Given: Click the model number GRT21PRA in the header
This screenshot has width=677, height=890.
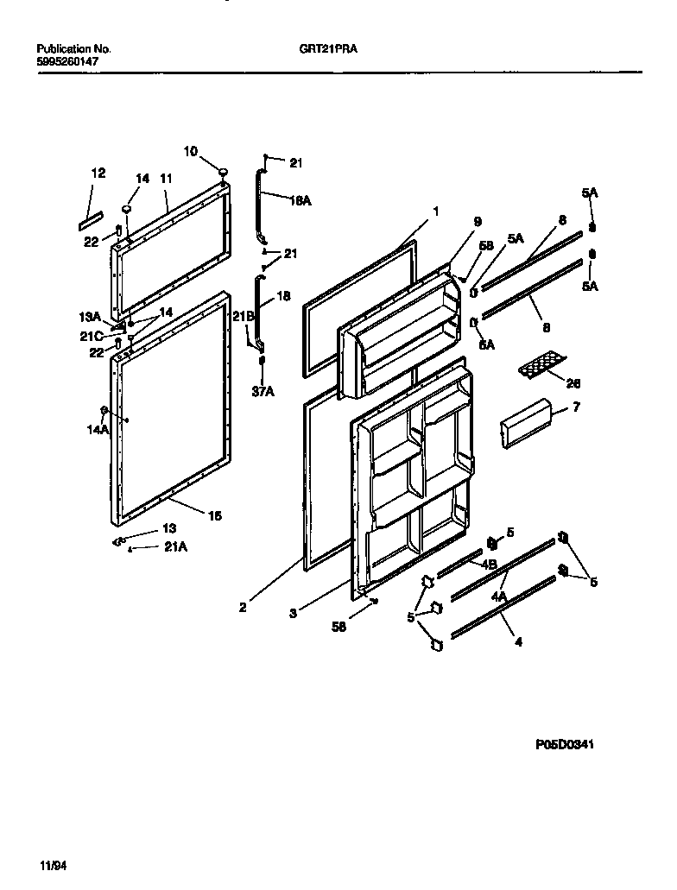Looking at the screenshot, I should (322, 49).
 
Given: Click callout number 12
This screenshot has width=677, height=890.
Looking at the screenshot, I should (98, 174).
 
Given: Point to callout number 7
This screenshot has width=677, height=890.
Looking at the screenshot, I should (577, 407).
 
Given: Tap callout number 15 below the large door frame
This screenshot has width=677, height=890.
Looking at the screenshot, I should (215, 515).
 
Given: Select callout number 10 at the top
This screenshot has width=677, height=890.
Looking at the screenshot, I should (190, 151).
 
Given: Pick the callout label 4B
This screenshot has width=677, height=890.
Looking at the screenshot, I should (489, 565).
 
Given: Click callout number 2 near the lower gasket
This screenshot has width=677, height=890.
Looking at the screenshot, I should (244, 607).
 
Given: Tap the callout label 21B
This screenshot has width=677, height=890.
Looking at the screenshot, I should (242, 317).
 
